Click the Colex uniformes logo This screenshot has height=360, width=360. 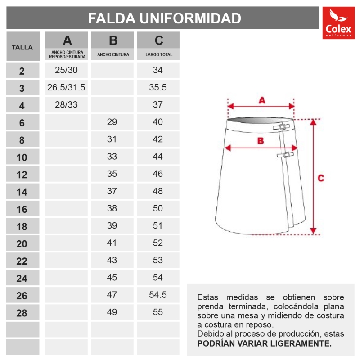click(x=338, y=23)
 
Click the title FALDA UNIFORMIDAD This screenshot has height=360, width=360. click(x=164, y=18)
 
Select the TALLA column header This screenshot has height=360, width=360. click(x=22, y=47)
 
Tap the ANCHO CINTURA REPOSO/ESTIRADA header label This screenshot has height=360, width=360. click(x=67, y=55)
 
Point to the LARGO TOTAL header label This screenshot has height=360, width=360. click(x=158, y=55)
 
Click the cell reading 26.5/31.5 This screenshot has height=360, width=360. click(x=66, y=87)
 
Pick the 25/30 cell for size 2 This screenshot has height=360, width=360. click(x=66, y=70)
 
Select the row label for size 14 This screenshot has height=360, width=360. click(x=22, y=192)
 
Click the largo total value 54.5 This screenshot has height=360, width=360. click(x=158, y=295)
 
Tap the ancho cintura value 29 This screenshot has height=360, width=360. click(x=112, y=122)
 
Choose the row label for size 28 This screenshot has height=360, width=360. click(x=22, y=313)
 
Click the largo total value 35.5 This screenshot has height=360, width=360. click(x=158, y=87)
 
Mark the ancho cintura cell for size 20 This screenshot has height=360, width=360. click(x=112, y=243)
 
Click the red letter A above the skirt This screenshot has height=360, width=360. click(x=262, y=101)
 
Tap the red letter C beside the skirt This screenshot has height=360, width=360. click(x=321, y=178)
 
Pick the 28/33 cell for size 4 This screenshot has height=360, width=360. click(x=66, y=105)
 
